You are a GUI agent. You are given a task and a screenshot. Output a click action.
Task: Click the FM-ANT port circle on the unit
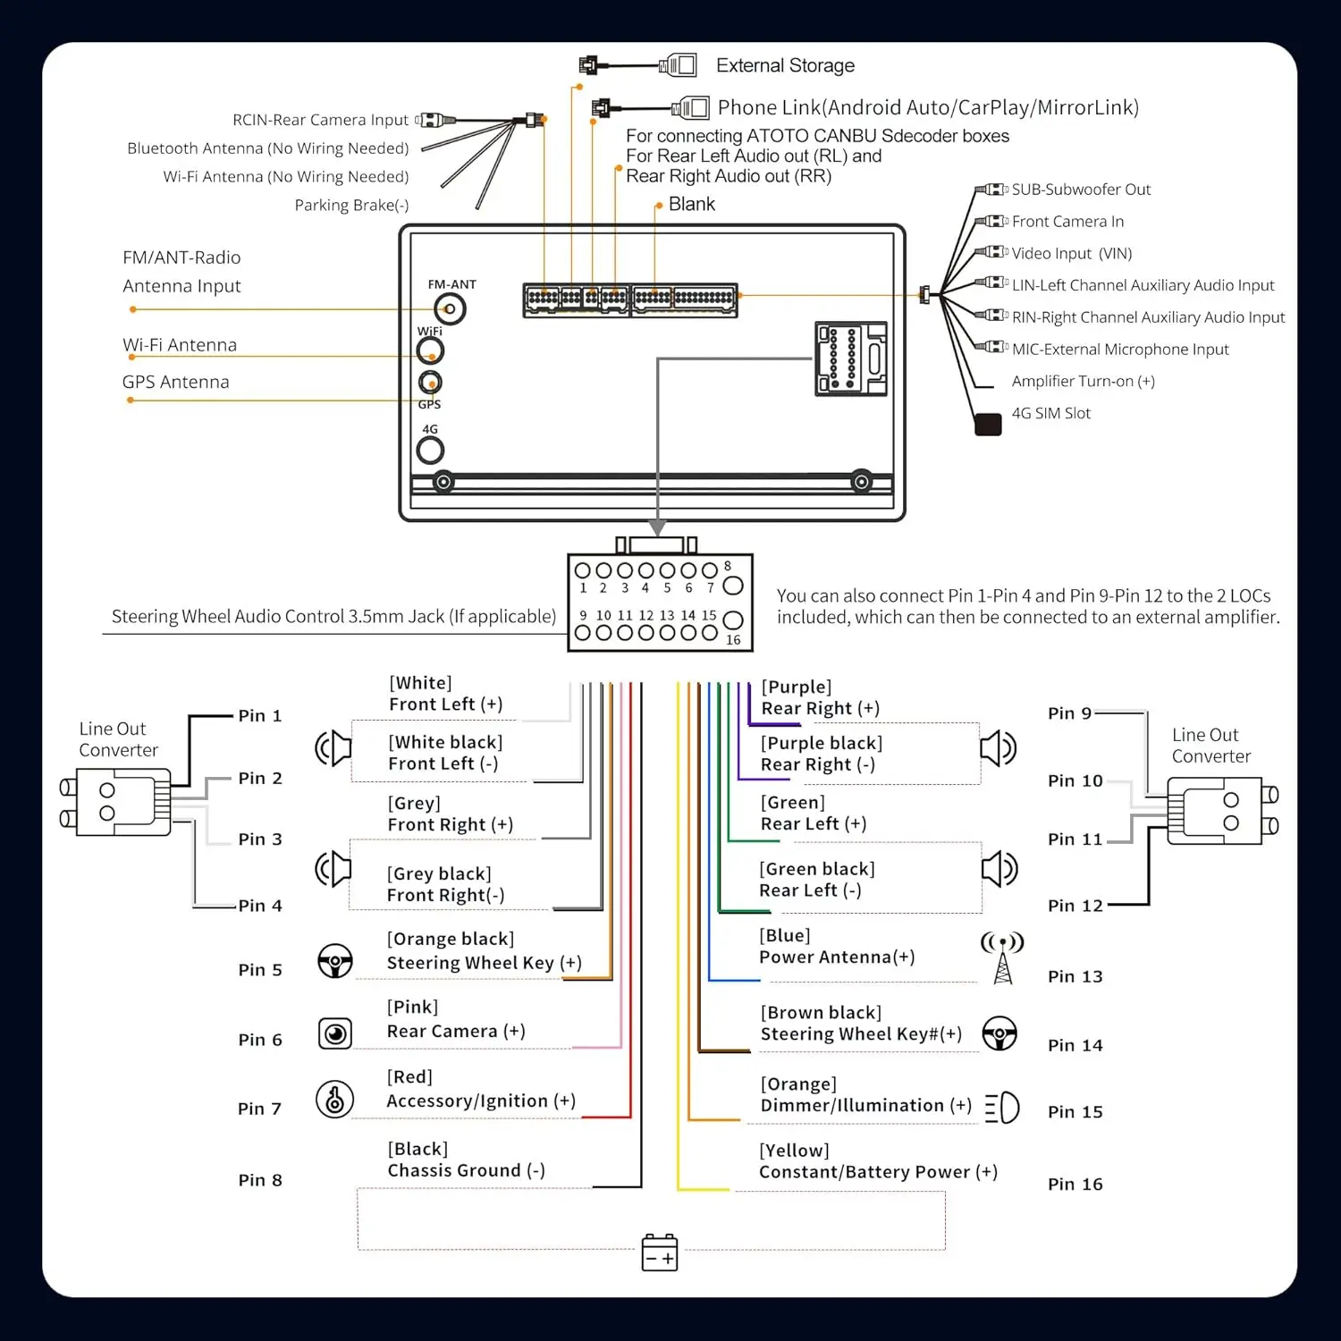tap(450, 309)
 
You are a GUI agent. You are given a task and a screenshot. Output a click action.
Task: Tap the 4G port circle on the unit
tap(430, 450)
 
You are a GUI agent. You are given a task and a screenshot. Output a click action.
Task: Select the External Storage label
tap(785, 65)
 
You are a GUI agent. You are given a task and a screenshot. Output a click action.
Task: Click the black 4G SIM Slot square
tap(988, 425)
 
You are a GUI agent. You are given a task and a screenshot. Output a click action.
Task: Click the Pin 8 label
tap(260, 1180)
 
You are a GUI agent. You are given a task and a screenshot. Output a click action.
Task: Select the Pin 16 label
tap(1075, 1185)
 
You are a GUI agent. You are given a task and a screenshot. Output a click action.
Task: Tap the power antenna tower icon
tap(1002, 957)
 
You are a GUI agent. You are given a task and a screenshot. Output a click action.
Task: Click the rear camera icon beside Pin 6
tap(335, 1033)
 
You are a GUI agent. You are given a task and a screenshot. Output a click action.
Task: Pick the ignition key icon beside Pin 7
tap(335, 1100)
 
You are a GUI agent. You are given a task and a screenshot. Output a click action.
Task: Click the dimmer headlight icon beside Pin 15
tap(1002, 1108)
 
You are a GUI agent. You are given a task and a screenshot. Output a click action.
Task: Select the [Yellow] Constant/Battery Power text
tap(878, 1161)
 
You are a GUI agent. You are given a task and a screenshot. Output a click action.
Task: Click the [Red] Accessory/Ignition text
tap(481, 1089)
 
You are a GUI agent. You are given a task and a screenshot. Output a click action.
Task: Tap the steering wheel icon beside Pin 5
tap(335, 961)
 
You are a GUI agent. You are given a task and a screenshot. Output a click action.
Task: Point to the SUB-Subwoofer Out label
tap(1081, 190)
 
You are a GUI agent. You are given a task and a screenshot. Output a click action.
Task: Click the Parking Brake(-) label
tap(351, 206)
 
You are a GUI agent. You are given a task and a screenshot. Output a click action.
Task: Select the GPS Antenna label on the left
tap(176, 382)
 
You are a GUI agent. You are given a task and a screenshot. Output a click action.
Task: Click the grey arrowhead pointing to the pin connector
tap(657, 527)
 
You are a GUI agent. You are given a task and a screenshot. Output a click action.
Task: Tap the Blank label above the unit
tap(692, 204)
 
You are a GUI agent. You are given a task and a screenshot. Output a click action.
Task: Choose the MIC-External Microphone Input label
tap(1120, 350)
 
